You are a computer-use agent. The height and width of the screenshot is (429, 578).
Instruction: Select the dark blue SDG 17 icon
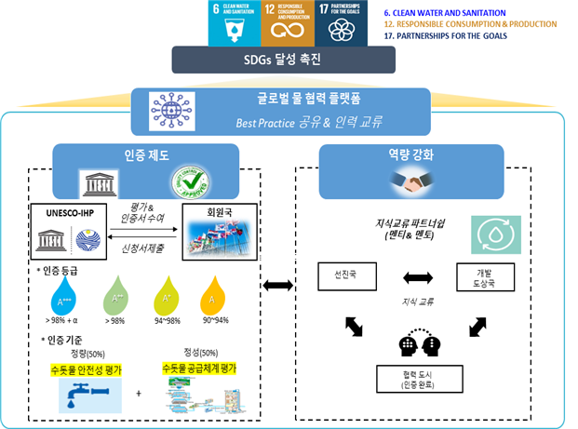click(x=341, y=22)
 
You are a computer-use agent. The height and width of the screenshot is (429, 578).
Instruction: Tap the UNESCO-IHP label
click(x=68, y=213)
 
